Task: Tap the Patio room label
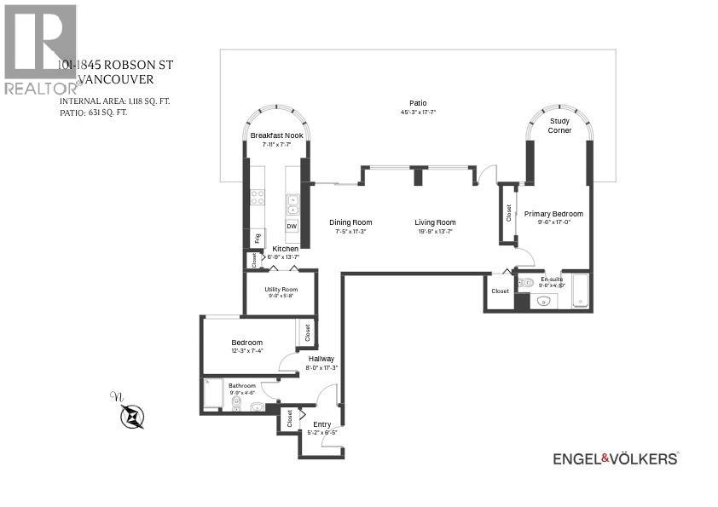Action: pos(417,103)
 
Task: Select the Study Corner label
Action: pos(559,126)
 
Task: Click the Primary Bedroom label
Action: pos(553,214)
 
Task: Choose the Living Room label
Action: pos(435,222)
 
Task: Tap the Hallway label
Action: pos(321,359)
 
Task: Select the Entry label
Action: pos(321,424)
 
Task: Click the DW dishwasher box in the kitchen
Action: pos(292,227)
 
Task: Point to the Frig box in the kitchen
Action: pos(256,238)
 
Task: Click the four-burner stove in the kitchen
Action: pos(257,197)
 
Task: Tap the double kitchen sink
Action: pos(292,204)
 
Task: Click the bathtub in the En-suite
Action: pos(580,291)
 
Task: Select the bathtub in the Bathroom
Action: pos(212,395)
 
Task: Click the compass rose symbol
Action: pos(132,416)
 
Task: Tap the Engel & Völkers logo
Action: pos(616,458)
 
